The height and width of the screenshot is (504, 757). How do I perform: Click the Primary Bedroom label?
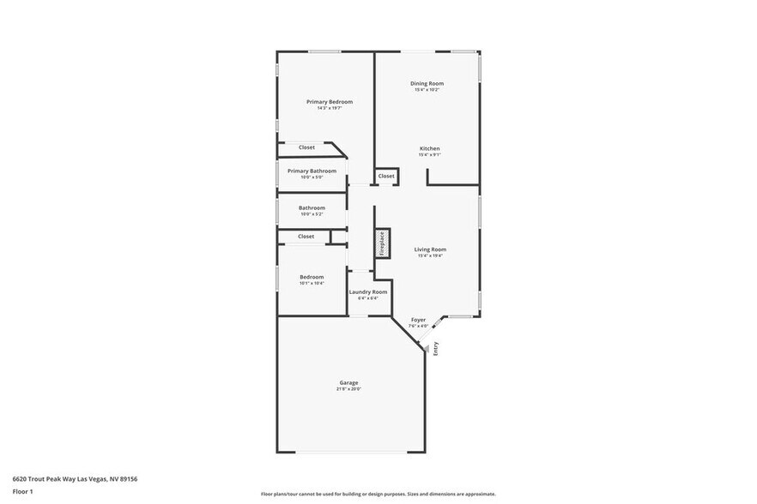330,102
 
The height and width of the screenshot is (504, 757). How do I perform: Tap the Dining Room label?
427,83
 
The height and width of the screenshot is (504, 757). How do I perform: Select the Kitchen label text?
429,148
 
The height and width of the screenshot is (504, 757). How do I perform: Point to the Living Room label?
430,249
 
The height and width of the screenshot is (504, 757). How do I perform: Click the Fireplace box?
382,243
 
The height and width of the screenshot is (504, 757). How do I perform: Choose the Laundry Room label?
367,291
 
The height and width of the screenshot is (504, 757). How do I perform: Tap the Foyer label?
418,320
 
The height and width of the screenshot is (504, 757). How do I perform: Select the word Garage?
348,382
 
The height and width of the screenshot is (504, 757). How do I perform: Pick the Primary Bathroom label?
312,171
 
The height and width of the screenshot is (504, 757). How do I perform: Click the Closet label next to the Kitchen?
386,176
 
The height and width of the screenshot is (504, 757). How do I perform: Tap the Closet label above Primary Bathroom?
306,147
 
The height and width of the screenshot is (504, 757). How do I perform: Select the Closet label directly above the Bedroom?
306,236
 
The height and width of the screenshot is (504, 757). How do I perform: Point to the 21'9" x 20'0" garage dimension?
348,389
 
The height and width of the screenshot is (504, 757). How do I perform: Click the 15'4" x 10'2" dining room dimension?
427,90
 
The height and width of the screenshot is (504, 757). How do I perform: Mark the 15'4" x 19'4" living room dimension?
430,255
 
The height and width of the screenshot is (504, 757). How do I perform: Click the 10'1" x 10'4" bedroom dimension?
312,283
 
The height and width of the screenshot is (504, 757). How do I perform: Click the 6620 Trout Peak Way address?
75,479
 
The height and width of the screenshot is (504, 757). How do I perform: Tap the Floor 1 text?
22,492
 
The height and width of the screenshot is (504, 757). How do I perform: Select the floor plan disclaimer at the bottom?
378,495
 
